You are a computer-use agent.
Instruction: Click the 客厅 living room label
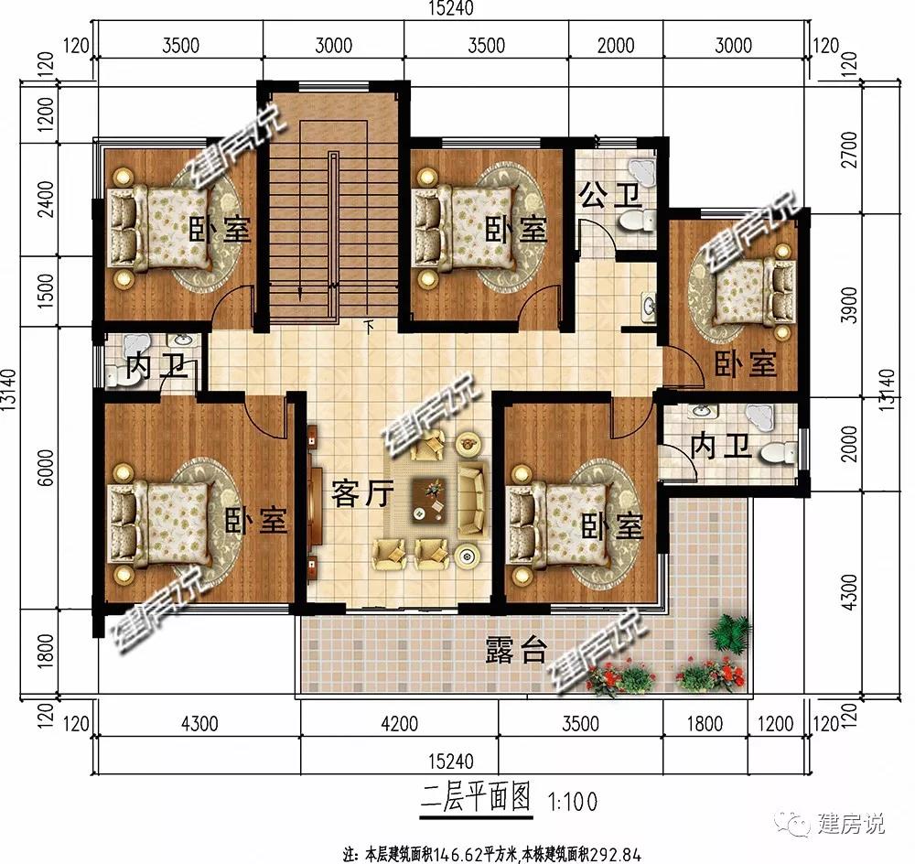pos(361,495)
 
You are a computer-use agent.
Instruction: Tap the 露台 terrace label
pos(516,650)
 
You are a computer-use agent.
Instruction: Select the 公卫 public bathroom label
pos(610,196)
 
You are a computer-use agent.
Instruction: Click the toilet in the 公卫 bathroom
pos(637,221)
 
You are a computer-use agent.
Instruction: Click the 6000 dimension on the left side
pos(47,467)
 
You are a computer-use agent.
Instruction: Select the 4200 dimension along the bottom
pos(399,725)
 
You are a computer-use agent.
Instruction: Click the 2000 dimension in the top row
pos(616,46)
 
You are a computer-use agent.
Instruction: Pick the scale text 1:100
pos(573,802)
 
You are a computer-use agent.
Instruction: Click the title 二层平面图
pos(476,798)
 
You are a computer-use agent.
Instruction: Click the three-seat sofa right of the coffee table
pos(471,500)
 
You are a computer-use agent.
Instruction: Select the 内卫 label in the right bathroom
pos(721,447)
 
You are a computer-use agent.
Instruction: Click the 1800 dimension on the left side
pos(47,651)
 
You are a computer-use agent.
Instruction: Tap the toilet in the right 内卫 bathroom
pos(778,452)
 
